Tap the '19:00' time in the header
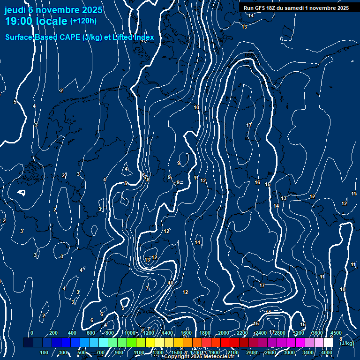22,21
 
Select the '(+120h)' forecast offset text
83,21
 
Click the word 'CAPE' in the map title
68,37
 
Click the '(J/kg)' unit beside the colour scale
347,343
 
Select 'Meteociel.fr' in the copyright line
218,357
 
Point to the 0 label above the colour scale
32,333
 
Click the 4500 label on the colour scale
336,333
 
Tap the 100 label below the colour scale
45,352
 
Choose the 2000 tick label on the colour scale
224,333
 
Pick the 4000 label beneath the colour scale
327,352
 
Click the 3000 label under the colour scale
289,352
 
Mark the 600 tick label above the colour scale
91,333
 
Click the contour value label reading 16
257,182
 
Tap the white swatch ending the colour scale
328,343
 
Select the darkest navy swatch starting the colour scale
28,343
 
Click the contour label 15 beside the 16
268,184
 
